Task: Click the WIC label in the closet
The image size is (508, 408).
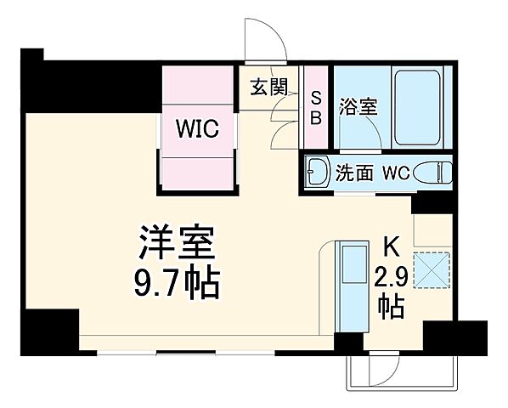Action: pos(197,129)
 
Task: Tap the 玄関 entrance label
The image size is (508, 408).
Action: pos(268,86)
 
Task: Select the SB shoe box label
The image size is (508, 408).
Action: pos(315,108)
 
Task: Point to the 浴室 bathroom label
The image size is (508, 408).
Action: pos(358,108)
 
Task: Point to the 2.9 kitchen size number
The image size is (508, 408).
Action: pos(391,276)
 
